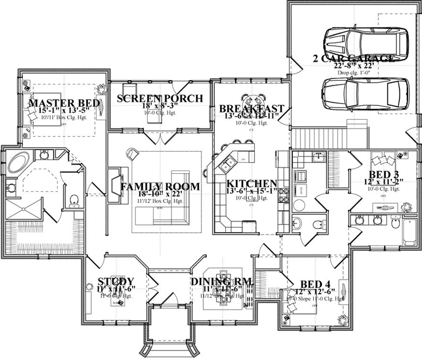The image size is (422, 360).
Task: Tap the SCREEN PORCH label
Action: pos(159,98)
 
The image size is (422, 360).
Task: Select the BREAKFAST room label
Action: pos(251,109)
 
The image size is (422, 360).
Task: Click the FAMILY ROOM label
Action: pos(160,187)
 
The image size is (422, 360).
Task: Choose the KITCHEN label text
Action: pos(251,183)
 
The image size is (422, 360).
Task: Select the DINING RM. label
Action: pos(222,281)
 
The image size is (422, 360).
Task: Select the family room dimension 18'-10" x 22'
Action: pos(160,196)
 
